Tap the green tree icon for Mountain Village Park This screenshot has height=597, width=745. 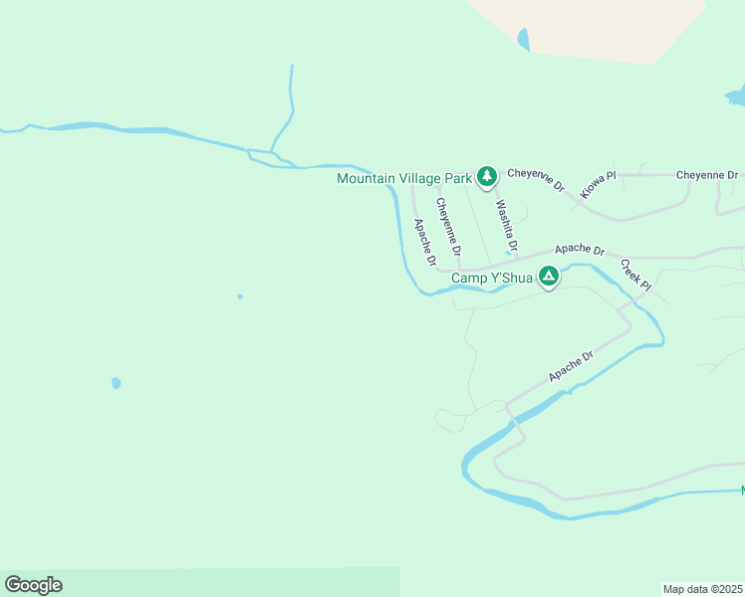[x=486, y=177]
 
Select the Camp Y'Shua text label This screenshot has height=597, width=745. [x=492, y=278]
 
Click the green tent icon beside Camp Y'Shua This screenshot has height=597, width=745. [x=549, y=276]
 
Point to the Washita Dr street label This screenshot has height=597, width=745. [x=507, y=226]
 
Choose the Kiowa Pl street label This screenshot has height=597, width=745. [x=598, y=183]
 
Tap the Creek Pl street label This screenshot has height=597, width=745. [x=635, y=275]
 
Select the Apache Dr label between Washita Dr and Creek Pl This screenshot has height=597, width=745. [x=580, y=248]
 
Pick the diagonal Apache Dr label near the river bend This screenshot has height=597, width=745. [x=571, y=365]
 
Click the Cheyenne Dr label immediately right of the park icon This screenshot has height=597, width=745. [x=536, y=179]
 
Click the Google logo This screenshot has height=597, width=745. [x=33, y=585]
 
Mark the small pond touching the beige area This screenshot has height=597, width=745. [x=523, y=40]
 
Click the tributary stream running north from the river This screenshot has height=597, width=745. [x=289, y=109]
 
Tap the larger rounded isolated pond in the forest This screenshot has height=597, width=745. [x=117, y=382]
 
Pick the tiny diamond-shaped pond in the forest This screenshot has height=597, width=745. [x=239, y=297]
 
